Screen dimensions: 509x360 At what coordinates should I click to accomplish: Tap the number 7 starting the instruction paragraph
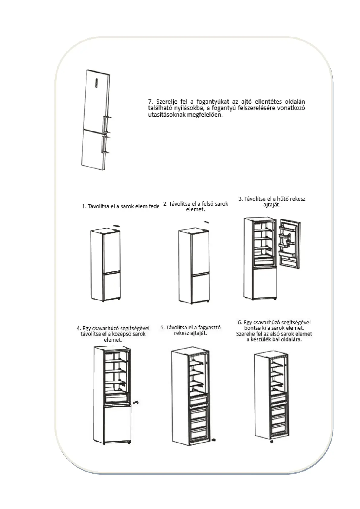pos(150,102)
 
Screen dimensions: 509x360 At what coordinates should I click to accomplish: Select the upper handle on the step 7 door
pos(106,125)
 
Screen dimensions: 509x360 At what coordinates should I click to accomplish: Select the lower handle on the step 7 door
pos(105,144)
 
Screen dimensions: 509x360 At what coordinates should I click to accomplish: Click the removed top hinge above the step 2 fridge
pos(206,222)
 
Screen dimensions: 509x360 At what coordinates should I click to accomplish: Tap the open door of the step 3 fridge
pos(289,243)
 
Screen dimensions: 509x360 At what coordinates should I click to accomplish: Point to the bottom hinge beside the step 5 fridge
pos(214,440)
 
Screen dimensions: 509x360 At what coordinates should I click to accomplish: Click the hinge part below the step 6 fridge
pos(271,442)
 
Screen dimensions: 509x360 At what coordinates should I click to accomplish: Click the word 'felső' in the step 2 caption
pos(208,204)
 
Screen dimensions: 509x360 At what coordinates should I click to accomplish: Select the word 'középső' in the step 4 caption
pos(122,334)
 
